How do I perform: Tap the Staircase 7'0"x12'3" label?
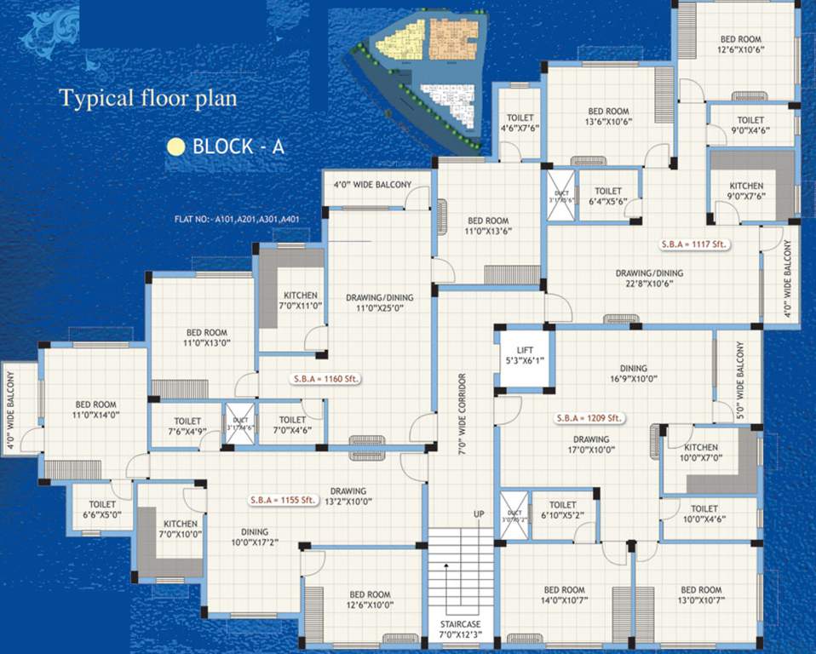pos(461,628)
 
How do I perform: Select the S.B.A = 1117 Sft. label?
pos(697,244)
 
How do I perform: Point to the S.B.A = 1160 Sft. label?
pos(324,380)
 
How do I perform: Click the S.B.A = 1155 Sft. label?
pos(283,500)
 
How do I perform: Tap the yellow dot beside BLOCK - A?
pos(176,146)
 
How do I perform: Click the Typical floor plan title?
pos(148,98)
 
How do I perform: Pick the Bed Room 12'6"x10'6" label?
pos(740,43)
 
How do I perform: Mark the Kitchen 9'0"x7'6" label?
pos(746,191)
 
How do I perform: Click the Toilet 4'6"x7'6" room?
pos(520,123)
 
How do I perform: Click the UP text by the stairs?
pos(480,514)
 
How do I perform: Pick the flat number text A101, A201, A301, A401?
pos(236,219)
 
